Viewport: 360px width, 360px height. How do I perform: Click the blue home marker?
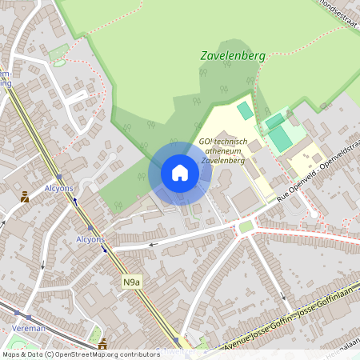[x=180, y=173]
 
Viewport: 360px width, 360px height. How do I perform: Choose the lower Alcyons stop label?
[x=90, y=239]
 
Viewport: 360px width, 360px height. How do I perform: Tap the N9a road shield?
[x=131, y=282]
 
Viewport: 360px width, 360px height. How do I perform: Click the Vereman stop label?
[x=28, y=329]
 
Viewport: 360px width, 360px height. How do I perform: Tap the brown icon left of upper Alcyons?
[x=25, y=197]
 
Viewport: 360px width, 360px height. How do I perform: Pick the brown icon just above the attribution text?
[x=102, y=343]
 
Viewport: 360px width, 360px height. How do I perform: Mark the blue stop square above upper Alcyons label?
[x=60, y=178]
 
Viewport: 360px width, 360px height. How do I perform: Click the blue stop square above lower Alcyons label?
[x=90, y=227]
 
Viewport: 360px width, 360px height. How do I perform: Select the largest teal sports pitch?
[x=280, y=138]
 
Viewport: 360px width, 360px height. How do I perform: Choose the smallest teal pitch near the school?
[x=244, y=110]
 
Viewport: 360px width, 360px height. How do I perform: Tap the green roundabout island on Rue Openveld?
[x=246, y=227]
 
